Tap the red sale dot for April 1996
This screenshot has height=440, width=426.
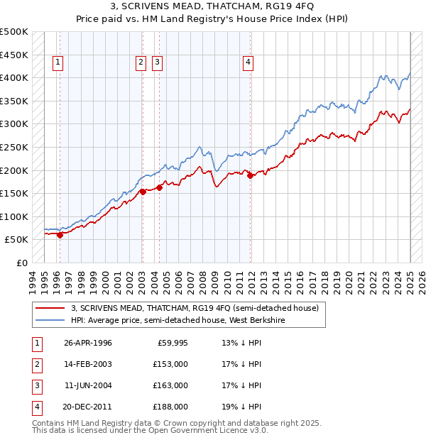coord(60,235)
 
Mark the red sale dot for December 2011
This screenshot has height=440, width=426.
coord(251,176)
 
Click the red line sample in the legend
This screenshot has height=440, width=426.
coord(50,308)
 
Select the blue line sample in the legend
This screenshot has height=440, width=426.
coord(50,320)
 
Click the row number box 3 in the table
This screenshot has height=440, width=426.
coord(35,385)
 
